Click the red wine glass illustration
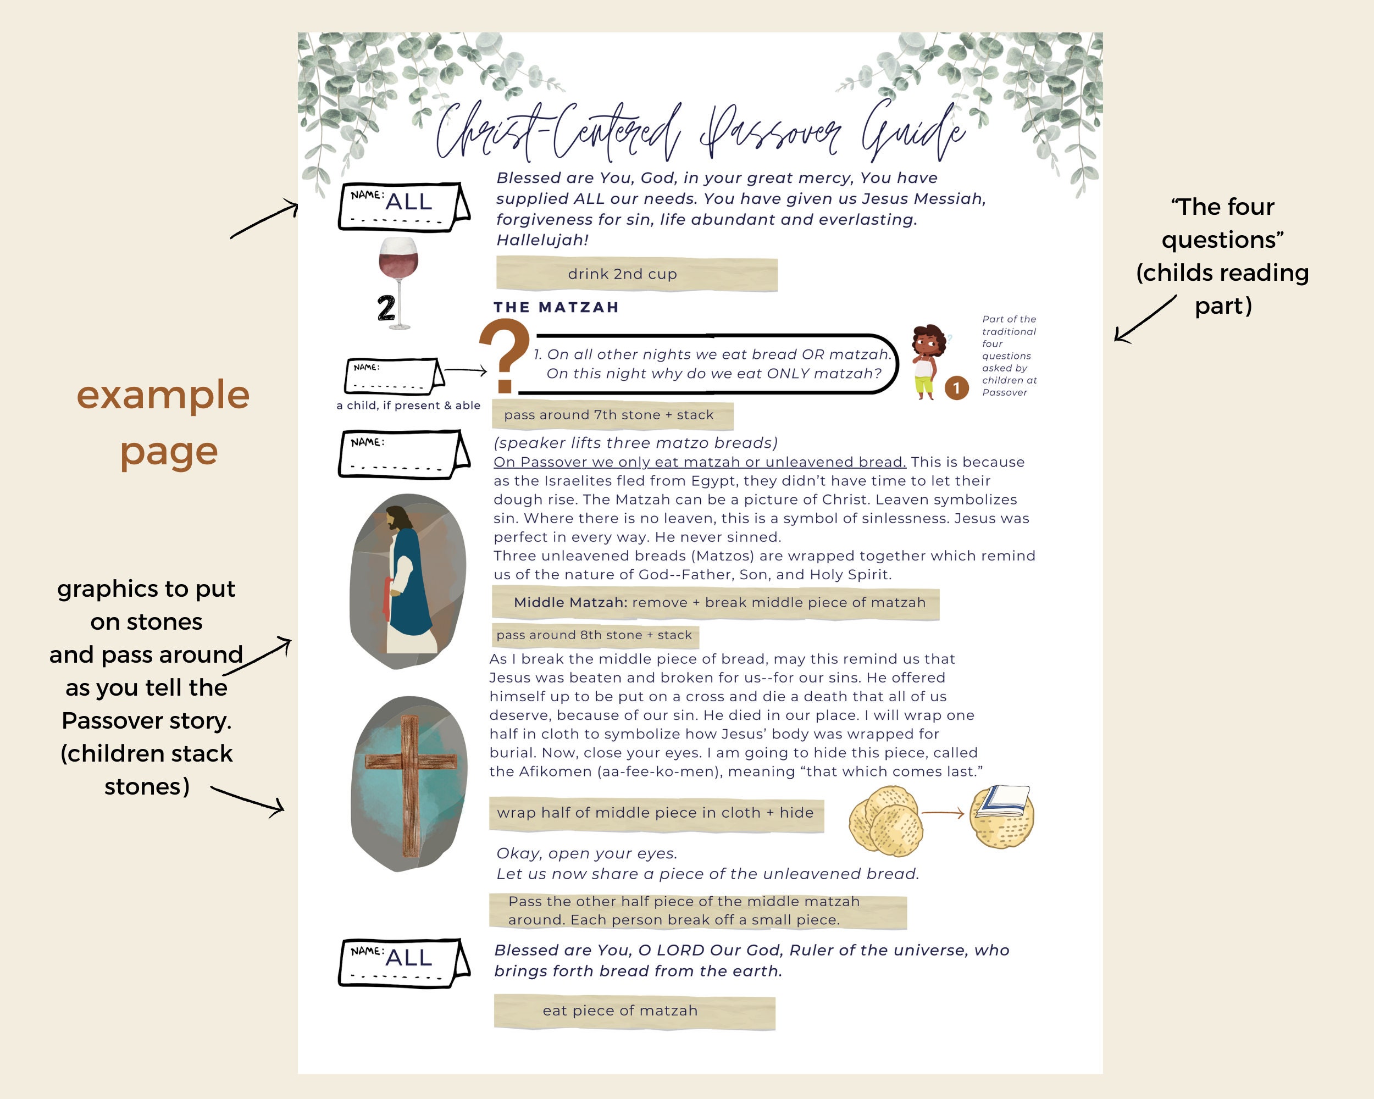(x=399, y=268)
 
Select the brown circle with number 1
(x=956, y=388)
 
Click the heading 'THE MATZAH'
(x=556, y=307)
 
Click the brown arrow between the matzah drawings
(x=943, y=813)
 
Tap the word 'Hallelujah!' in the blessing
(x=542, y=240)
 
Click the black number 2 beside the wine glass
(x=386, y=308)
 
